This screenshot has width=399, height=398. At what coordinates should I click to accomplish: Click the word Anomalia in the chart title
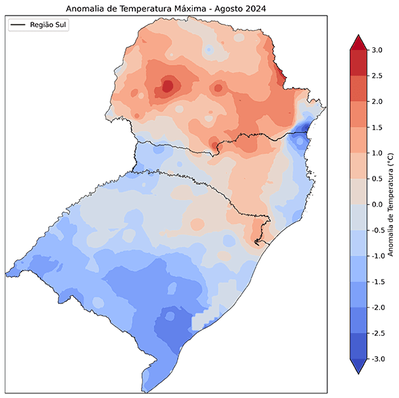[87, 8]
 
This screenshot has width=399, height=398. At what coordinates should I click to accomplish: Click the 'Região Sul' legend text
[49, 24]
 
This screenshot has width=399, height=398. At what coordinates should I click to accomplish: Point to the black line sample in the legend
[18, 24]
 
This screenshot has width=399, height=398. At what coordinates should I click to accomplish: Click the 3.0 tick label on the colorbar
[378, 50]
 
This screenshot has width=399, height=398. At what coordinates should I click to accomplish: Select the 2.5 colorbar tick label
[378, 76]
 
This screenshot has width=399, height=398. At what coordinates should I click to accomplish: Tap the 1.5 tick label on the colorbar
[378, 127]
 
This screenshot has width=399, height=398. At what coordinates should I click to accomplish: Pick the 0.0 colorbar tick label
[378, 204]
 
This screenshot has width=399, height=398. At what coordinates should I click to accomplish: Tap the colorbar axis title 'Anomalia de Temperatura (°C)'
[390, 204]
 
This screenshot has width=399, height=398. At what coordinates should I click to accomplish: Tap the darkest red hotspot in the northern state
[166, 86]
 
